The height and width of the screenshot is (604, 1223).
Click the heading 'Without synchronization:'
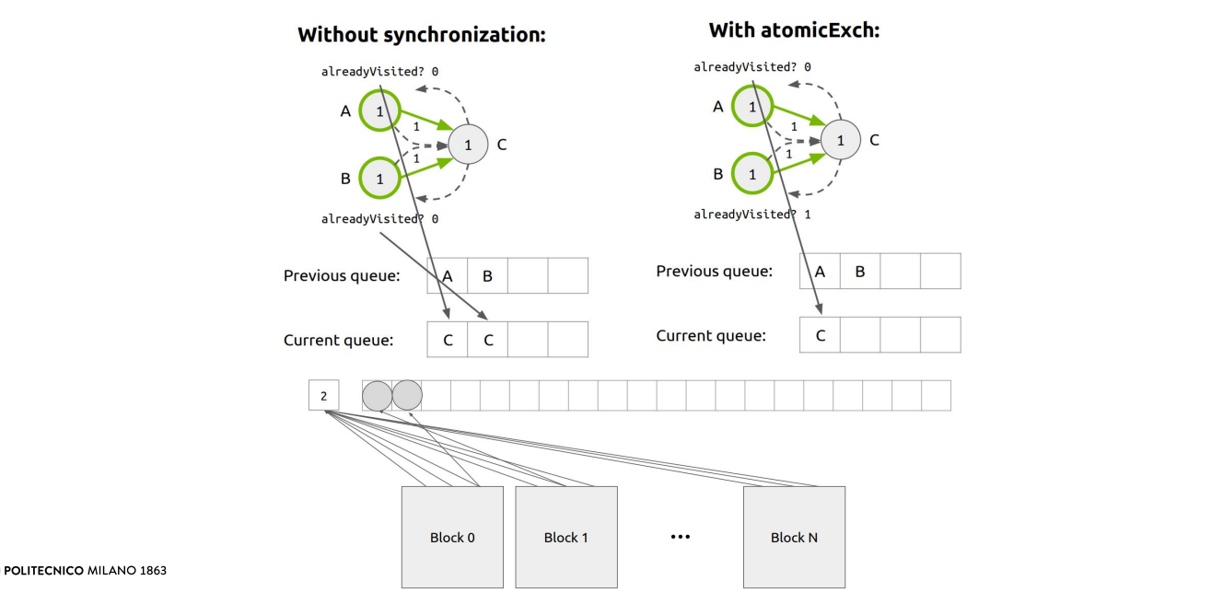(x=422, y=36)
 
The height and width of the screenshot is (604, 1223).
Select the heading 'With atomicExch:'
(x=794, y=30)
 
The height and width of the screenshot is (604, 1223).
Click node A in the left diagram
(x=379, y=111)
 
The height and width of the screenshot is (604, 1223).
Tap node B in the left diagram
(x=379, y=178)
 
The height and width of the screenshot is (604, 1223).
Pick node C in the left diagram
(x=468, y=145)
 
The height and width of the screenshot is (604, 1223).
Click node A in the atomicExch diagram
(x=752, y=107)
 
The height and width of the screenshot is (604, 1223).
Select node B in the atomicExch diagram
(x=752, y=173)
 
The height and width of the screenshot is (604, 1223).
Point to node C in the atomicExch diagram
(x=840, y=141)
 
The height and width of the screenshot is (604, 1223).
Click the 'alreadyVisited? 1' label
(x=751, y=215)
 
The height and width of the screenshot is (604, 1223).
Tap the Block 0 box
(x=452, y=537)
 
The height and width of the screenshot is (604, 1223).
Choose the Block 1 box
(x=566, y=537)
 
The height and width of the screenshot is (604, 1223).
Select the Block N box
(x=794, y=537)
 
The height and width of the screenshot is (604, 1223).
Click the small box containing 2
(x=323, y=396)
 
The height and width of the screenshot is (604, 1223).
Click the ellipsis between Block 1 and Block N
(x=681, y=537)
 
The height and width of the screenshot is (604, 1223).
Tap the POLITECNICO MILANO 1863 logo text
(x=86, y=571)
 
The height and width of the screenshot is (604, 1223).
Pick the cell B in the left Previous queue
(x=488, y=275)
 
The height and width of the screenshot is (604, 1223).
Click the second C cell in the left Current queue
(x=488, y=340)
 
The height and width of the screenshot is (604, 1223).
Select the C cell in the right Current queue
(x=820, y=335)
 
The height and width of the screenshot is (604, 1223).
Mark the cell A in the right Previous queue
(x=820, y=272)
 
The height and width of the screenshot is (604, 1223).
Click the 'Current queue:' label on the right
(x=710, y=336)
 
